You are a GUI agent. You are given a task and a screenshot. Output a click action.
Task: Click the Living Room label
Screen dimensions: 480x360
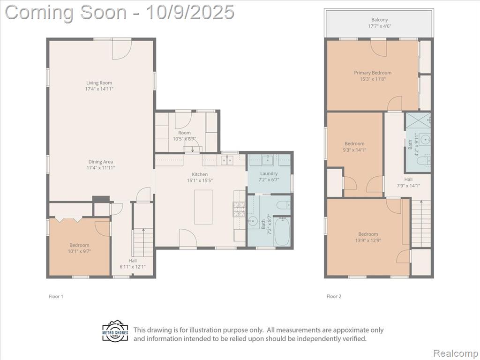(99, 82)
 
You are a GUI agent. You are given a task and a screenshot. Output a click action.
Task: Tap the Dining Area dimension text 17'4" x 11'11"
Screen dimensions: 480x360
(101, 168)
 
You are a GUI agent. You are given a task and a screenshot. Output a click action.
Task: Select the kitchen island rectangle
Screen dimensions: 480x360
(203, 207)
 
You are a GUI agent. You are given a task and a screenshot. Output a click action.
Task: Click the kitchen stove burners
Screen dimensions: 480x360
(240, 210)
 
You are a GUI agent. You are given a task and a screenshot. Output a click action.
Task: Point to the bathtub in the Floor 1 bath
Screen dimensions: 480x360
(282, 231)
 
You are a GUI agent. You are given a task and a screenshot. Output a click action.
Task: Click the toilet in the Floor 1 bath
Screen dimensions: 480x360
(283, 205)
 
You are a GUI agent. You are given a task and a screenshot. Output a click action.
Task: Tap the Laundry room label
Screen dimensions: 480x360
(269, 173)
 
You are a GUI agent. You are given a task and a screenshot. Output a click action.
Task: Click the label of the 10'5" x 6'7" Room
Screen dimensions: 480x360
(184, 133)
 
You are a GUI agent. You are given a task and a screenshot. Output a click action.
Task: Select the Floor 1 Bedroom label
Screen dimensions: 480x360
(79, 245)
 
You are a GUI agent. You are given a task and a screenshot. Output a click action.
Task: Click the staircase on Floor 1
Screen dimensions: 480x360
(143, 242)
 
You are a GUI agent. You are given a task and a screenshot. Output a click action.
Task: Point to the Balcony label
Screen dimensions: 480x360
(380, 20)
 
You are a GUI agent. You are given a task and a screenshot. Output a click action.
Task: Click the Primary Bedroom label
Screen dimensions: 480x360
(373, 73)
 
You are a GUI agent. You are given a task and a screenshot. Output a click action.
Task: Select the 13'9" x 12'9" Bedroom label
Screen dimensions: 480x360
(368, 234)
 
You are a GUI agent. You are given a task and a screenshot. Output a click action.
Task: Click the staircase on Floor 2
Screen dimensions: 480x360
(421, 223)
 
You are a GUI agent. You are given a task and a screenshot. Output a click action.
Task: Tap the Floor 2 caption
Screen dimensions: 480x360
(334, 296)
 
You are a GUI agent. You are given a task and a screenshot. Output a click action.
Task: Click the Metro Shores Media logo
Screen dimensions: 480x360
(115, 331)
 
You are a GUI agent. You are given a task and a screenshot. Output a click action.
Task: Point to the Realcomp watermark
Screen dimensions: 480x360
(455, 353)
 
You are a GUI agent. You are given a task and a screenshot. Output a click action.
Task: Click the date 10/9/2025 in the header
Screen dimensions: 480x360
(190, 13)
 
